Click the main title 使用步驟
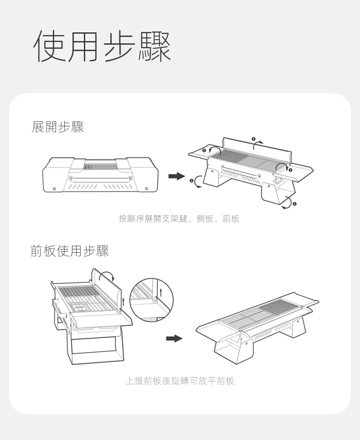(102, 46)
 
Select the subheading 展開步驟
(58, 127)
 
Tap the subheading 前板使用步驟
(70, 251)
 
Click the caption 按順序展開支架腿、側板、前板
(179, 218)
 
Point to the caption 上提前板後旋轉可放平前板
(180, 381)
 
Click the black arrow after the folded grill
(177, 176)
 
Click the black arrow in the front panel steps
(174, 338)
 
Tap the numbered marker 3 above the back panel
(253, 139)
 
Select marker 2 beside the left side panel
(204, 150)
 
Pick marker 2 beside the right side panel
(290, 170)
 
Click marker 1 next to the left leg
(191, 181)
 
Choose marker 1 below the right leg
(294, 204)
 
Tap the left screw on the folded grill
(54, 188)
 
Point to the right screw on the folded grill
(146, 188)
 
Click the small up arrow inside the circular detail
(161, 291)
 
